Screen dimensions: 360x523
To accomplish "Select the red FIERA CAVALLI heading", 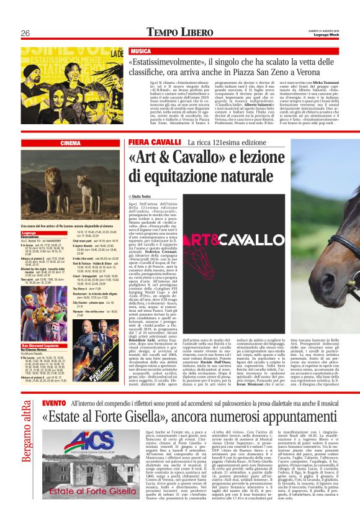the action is click(146, 143).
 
